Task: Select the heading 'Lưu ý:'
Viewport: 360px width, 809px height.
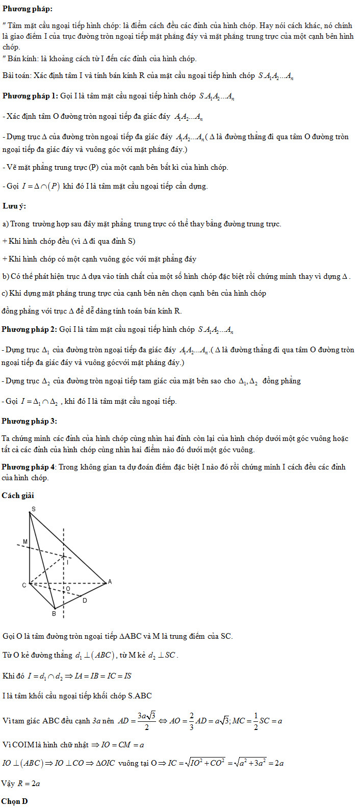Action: click(x=14, y=205)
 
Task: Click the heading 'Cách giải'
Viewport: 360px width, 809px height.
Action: click(x=18, y=495)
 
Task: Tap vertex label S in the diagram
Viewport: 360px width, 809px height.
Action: click(x=33, y=509)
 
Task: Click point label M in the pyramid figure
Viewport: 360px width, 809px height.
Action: click(x=25, y=541)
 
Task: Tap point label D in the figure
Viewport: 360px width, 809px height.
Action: click(x=85, y=601)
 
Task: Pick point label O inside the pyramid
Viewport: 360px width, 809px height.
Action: click(x=68, y=589)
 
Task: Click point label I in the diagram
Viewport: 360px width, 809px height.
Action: click(x=68, y=562)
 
